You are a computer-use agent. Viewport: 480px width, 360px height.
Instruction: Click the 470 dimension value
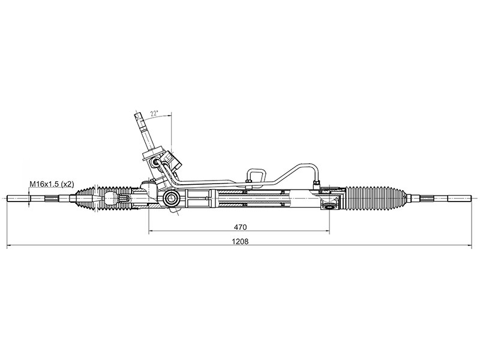click(240, 227)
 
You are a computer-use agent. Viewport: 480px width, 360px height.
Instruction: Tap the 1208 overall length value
click(240, 242)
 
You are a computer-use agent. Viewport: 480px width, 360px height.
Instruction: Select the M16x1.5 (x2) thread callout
click(52, 184)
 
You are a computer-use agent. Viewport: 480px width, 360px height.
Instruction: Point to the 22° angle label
click(154, 113)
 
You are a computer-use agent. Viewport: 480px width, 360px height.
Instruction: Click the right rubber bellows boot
click(376, 198)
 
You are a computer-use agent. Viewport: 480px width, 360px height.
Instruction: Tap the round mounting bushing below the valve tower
click(171, 199)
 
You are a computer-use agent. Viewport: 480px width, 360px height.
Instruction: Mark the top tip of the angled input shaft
click(137, 113)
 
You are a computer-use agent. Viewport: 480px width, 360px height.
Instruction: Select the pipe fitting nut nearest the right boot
click(317, 184)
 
